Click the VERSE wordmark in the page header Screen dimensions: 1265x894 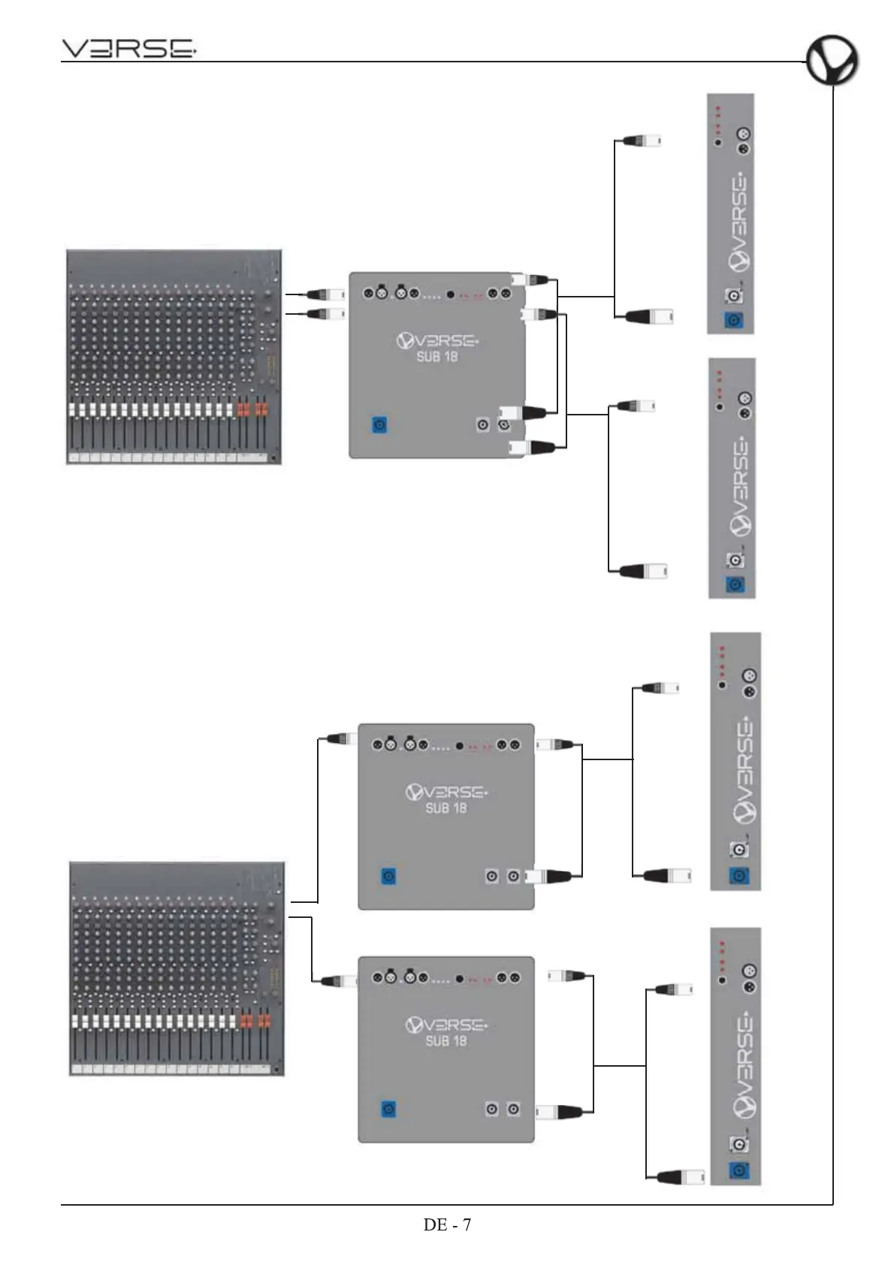pos(128,50)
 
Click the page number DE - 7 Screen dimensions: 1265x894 pos(447,1224)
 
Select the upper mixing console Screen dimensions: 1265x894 pos(174,357)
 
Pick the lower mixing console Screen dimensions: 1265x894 pos(177,968)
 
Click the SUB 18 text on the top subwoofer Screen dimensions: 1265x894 pos(437,357)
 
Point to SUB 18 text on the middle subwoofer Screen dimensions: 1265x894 pos(446,808)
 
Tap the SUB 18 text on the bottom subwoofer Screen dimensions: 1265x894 pos(446,1041)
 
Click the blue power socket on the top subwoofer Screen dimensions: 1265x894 pos(379,425)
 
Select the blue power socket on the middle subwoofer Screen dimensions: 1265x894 pos(388,877)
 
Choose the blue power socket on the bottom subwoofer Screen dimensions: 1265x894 pos(388,1109)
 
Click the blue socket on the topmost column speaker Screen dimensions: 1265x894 pos(734,321)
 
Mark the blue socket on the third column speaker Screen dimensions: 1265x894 pos(740,876)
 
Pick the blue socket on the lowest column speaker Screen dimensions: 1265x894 pos(740,1170)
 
